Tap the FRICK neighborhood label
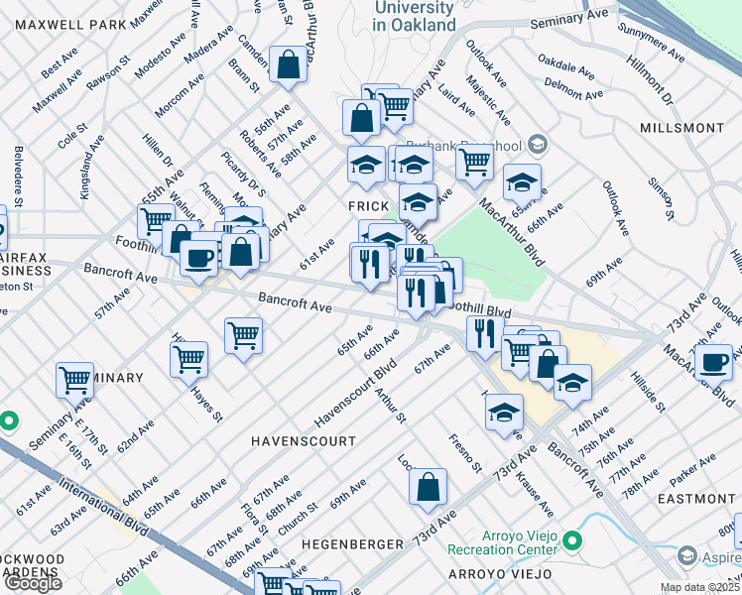(x=366, y=204)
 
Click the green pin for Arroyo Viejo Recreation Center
(x=571, y=541)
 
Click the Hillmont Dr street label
(x=650, y=82)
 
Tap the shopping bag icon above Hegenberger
(x=429, y=486)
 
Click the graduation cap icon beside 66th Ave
(x=522, y=182)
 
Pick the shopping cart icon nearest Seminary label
(x=74, y=378)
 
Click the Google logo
(x=33, y=583)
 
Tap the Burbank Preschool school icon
(x=538, y=145)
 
